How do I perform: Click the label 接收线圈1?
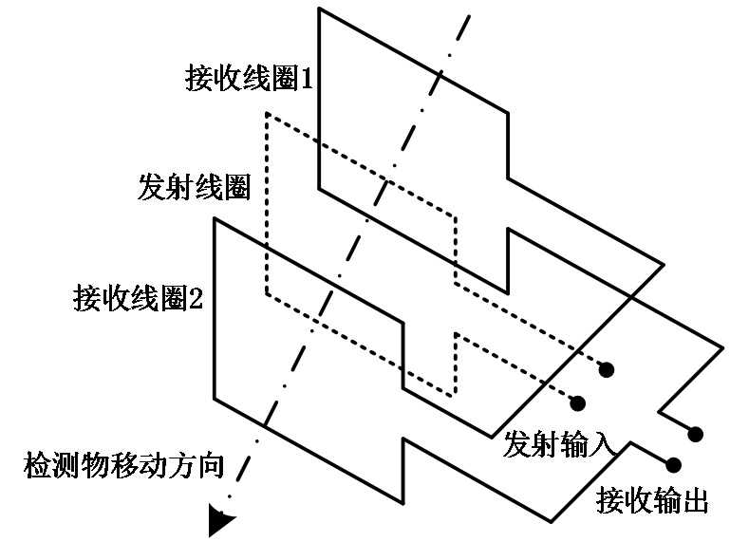click(x=249, y=79)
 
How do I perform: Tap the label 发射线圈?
click(x=194, y=187)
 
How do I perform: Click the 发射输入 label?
click(x=562, y=442)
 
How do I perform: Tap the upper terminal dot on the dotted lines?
click(x=607, y=368)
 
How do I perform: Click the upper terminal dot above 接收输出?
click(x=696, y=434)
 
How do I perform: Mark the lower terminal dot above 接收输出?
click(x=675, y=464)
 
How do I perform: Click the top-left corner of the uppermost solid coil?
click(x=319, y=9)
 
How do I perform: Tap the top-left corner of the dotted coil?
click(x=267, y=115)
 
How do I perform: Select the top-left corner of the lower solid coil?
click(x=215, y=220)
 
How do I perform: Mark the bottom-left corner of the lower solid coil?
click(x=215, y=399)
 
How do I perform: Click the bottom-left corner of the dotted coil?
click(x=267, y=291)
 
